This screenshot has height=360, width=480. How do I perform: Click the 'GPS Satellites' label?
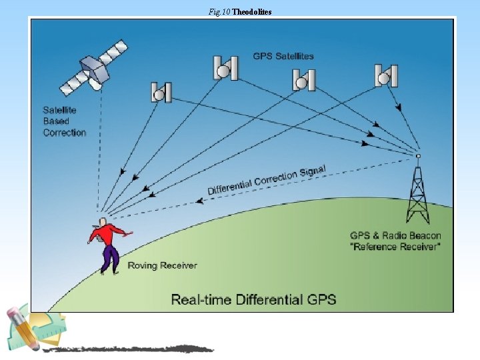[x=283, y=56]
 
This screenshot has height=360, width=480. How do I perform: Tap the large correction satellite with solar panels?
[x=94, y=66]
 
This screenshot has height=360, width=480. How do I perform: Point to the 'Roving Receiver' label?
[x=162, y=265]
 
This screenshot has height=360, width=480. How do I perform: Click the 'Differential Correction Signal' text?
[x=267, y=180]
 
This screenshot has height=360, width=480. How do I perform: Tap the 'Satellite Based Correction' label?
[x=65, y=121]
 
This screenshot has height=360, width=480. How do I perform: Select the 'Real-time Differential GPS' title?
[x=253, y=299]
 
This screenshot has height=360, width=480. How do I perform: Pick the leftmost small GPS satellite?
[x=161, y=93]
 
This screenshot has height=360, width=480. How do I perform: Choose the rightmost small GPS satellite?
[x=385, y=75]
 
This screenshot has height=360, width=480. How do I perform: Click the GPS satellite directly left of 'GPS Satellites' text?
[x=226, y=68]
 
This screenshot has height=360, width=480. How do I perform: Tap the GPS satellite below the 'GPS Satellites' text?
[x=303, y=81]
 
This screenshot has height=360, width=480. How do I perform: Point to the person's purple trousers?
[x=110, y=257]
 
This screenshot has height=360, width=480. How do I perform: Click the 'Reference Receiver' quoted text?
[x=395, y=247]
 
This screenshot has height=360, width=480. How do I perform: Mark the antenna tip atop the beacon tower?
[x=418, y=156]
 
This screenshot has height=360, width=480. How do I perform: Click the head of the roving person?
[x=101, y=221]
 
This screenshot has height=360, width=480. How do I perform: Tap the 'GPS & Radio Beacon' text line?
[x=395, y=235]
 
